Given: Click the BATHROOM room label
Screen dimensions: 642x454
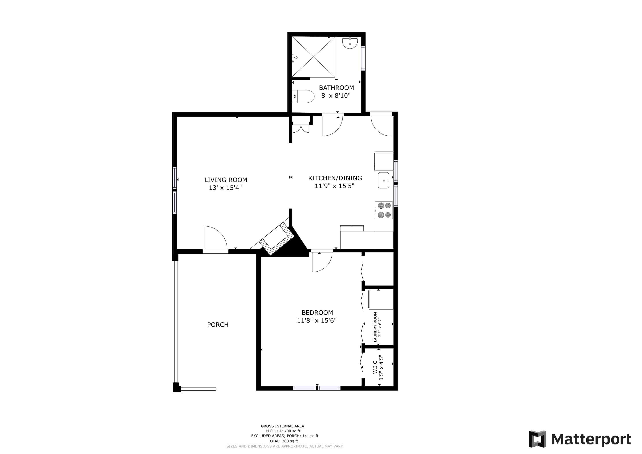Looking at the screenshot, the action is pos(336,88).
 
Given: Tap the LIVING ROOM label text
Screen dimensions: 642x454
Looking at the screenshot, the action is pos(226,180).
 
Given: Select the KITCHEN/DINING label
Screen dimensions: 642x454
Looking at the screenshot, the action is pos(335,178).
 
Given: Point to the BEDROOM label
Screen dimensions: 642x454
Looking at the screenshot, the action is pos(317,313).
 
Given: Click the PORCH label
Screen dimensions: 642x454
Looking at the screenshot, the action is pos(218,325).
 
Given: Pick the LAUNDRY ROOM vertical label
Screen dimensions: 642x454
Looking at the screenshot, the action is pos(375,327).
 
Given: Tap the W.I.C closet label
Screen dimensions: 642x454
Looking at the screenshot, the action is pos(375,367).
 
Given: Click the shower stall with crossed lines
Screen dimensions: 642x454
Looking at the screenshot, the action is pos(313,57).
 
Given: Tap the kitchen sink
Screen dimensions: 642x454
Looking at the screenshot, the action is pos(384,180).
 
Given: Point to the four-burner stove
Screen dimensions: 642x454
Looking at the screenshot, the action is pos(384,210).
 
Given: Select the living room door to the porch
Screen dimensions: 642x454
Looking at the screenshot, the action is pos(215,238).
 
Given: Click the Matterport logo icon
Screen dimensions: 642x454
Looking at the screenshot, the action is pos(537,439).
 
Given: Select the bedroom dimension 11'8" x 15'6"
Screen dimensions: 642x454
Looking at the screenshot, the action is pos(317,320).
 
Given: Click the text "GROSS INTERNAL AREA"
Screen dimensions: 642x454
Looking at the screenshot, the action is pos(282,426).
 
